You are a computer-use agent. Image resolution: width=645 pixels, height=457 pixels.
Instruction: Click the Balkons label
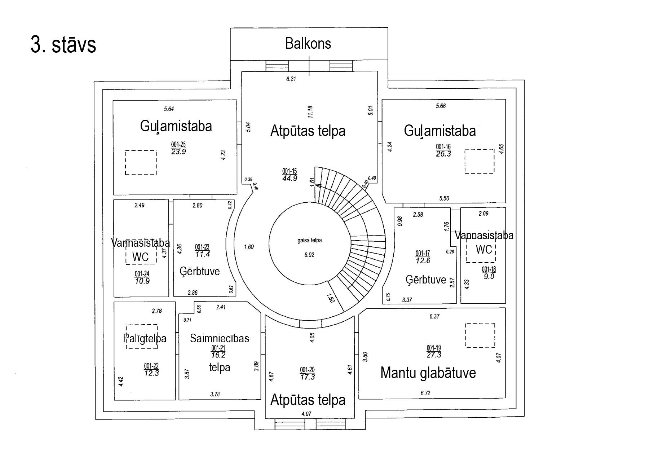pyautogui.click(x=308, y=44)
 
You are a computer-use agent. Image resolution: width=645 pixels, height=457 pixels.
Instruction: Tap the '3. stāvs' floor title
pyautogui.click(x=63, y=45)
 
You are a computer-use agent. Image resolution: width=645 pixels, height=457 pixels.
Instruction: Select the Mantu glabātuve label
pyautogui.click(x=428, y=373)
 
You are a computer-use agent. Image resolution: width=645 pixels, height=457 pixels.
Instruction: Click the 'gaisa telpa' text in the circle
pyautogui.click(x=309, y=241)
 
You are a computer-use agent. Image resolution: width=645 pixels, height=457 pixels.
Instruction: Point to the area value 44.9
pyautogui.click(x=290, y=178)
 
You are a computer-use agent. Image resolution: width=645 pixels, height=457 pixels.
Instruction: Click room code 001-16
pyautogui.click(x=443, y=147)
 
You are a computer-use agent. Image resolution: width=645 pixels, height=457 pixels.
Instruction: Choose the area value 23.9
pyautogui.click(x=178, y=152)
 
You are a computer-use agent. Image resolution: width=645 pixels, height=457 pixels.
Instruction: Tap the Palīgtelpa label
pyautogui.click(x=145, y=338)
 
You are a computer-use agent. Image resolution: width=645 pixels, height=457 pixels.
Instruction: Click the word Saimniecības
pyautogui.click(x=219, y=338)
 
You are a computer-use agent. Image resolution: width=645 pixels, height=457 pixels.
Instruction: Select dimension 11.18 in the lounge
pyautogui.click(x=310, y=112)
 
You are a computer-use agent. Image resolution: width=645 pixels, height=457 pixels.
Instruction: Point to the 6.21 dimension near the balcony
pyautogui.click(x=291, y=79)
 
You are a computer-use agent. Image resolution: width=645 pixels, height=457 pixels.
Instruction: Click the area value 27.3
pyautogui.click(x=434, y=355)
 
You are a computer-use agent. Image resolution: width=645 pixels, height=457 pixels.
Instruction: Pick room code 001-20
pyautogui.click(x=307, y=370)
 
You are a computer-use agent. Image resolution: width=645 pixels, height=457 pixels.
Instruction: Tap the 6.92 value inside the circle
pyautogui.click(x=309, y=255)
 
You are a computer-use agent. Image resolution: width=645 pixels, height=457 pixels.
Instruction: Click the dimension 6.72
pyautogui.click(x=425, y=393)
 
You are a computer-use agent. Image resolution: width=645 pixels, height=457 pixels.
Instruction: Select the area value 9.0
pyautogui.click(x=489, y=277)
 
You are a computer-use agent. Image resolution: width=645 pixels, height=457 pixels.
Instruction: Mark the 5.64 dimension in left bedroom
pyautogui.click(x=169, y=109)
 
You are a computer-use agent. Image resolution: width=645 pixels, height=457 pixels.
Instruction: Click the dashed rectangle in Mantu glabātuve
pyautogui.click(x=480, y=335)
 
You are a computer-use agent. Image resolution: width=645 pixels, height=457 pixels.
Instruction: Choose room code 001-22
pyautogui.click(x=151, y=366)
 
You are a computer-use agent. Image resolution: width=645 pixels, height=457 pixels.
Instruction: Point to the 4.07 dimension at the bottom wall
pyautogui.click(x=306, y=414)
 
